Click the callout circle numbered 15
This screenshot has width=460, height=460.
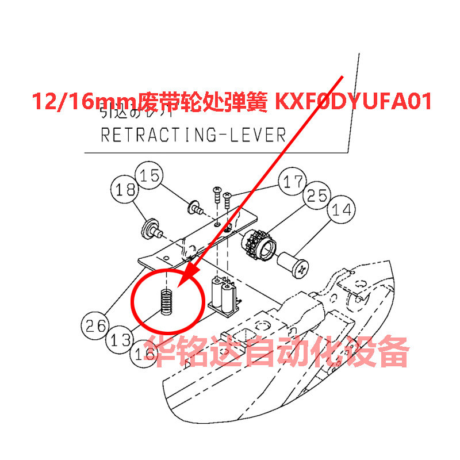(x=150, y=176)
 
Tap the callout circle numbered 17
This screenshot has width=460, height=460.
(x=293, y=183)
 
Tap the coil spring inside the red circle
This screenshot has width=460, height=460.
(x=166, y=301)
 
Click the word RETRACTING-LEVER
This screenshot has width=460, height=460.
(x=193, y=135)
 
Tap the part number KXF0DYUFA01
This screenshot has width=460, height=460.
(x=354, y=102)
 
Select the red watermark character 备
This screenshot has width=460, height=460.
(x=392, y=352)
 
